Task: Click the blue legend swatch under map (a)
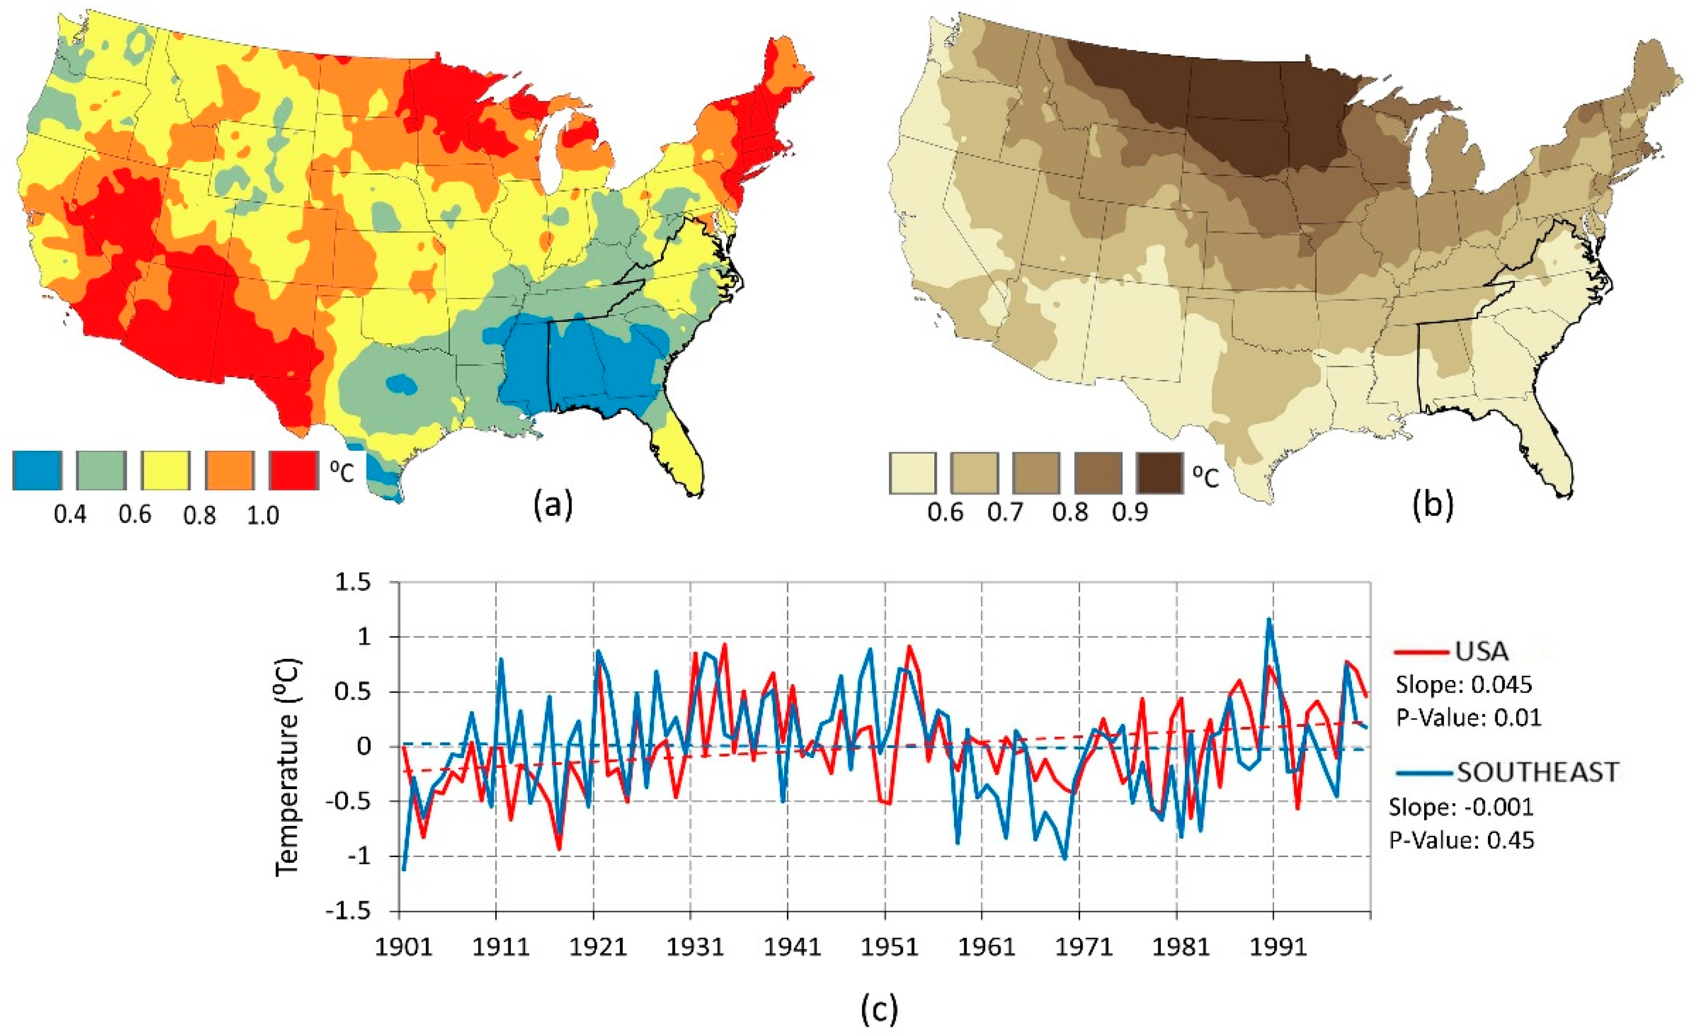point(37,470)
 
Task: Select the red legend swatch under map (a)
point(294,470)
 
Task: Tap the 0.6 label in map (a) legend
point(135,514)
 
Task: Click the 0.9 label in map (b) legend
point(1130,512)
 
